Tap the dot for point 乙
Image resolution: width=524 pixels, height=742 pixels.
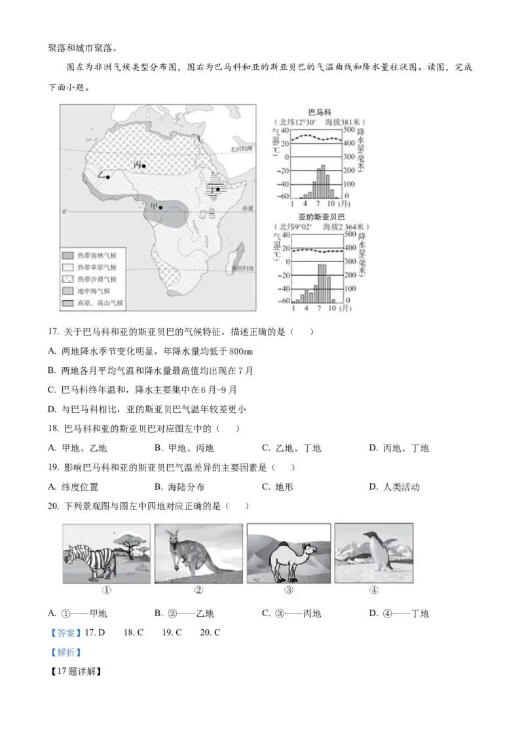107,177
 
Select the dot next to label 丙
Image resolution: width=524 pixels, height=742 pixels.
144,166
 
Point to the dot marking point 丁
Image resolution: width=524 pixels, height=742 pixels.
217,189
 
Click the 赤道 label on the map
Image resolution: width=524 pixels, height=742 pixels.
246,208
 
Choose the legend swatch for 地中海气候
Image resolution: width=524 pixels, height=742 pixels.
68,290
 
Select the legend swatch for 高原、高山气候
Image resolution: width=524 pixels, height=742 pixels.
68,303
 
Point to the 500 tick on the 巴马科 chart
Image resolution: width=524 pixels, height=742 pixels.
350,130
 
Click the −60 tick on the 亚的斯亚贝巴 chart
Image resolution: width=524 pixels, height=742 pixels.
285,301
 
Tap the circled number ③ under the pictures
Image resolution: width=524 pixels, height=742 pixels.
289,589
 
